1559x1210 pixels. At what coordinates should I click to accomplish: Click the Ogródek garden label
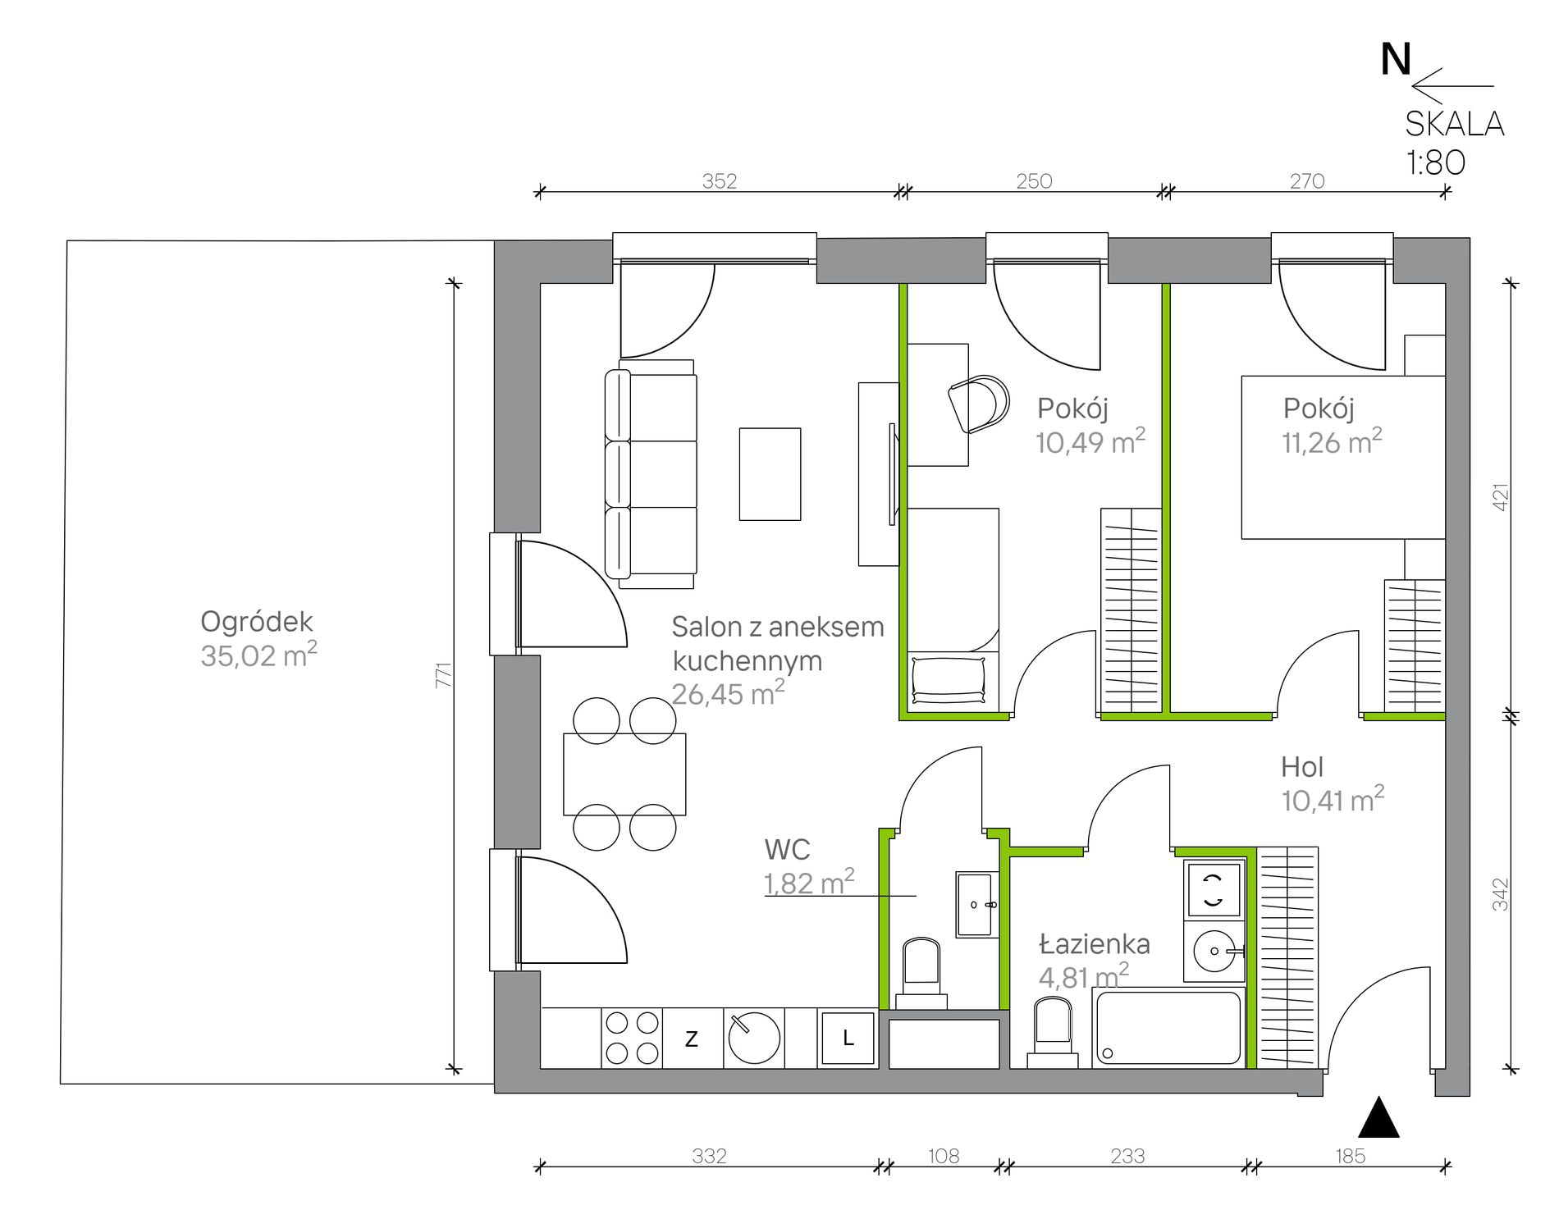click(257, 623)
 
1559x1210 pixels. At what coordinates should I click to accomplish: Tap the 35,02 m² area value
click(258, 655)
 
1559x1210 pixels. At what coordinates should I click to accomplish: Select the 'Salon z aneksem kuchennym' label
click(778, 643)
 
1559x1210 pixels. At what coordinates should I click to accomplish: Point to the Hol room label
click(1302, 767)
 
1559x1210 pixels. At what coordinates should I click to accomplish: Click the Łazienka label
click(1095, 944)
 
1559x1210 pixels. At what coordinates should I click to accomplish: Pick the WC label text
click(787, 849)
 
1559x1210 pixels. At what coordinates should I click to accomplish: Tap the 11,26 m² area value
click(1332, 441)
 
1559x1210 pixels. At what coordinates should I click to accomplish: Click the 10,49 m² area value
click(1090, 441)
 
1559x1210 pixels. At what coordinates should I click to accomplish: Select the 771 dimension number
click(444, 674)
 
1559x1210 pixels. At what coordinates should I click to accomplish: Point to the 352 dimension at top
click(720, 180)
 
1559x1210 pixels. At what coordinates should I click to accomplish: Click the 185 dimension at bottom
click(1350, 1156)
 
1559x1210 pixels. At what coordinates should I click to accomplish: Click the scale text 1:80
click(1436, 162)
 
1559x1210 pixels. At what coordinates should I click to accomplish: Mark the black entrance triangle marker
click(1379, 1117)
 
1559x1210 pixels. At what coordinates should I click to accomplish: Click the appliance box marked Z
click(693, 1039)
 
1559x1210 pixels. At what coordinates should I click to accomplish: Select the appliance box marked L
click(848, 1039)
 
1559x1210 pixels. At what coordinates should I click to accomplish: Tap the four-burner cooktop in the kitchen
click(632, 1039)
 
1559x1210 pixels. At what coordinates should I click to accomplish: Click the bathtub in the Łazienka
click(1169, 1028)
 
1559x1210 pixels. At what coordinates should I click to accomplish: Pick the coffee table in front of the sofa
click(770, 474)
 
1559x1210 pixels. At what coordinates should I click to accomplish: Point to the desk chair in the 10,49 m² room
click(979, 404)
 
